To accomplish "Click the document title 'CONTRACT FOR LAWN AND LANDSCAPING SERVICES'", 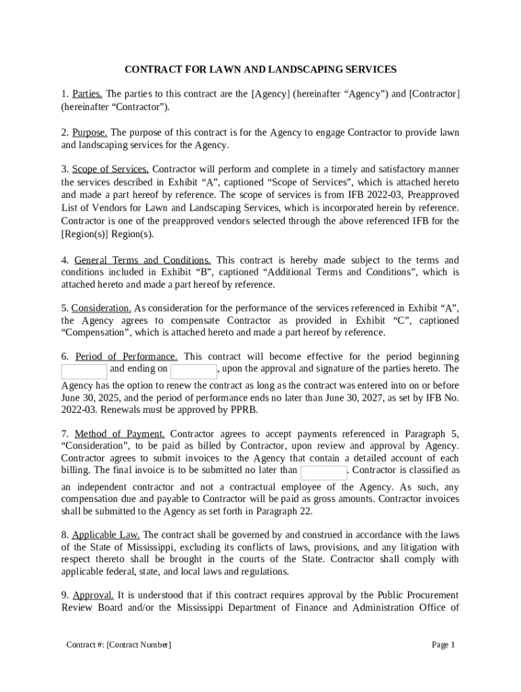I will click(260, 69).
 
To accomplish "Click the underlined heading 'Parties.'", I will click(87, 94).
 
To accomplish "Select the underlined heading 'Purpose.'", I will click(89, 132).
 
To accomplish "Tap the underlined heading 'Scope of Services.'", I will click(110, 170).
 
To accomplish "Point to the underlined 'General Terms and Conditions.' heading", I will click(142, 260).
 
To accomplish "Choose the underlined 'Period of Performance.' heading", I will click(127, 357).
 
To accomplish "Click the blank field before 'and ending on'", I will click(84, 371).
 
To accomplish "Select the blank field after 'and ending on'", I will click(193, 371).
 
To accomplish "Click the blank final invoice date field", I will click(323, 472).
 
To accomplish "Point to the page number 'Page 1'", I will click(443, 645).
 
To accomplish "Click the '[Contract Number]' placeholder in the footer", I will click(139, 645).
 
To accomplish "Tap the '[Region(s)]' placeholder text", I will click(85, 234).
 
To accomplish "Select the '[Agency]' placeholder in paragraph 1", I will click(271, 94).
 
